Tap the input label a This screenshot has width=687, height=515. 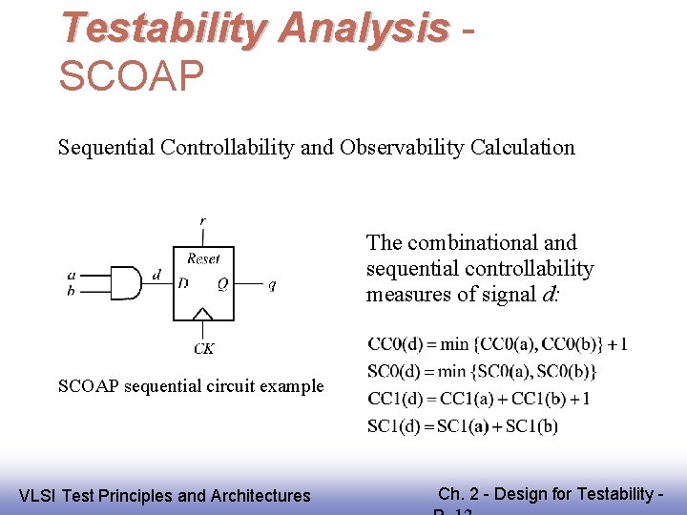click(71, 275)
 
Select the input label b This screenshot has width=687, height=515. click(71, 291)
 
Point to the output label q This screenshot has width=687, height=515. click(272, 284)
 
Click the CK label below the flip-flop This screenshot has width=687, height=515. click(203, 349)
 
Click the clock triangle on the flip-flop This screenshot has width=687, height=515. click(203, 314)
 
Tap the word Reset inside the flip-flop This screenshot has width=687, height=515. click(203, 258)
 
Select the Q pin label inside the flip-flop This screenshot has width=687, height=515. click(221, 283)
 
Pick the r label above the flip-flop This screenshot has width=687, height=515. click(202, 221)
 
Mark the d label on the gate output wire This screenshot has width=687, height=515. click(156, 275)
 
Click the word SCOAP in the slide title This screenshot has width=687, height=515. click(131, 77)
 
